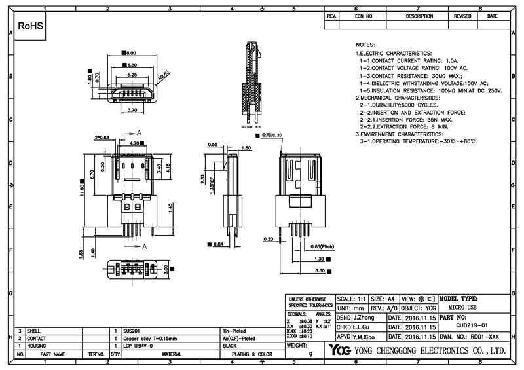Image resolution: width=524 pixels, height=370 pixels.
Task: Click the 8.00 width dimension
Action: [131, 52]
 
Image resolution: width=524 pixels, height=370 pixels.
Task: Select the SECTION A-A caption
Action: [251, 126]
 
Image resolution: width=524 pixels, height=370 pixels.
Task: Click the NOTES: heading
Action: [365, 43]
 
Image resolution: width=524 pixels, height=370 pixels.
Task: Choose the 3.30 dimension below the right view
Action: [320, 270]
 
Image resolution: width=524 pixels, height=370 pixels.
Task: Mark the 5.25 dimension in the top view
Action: [132, 75]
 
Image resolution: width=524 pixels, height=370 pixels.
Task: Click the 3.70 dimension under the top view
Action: [132, 110]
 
